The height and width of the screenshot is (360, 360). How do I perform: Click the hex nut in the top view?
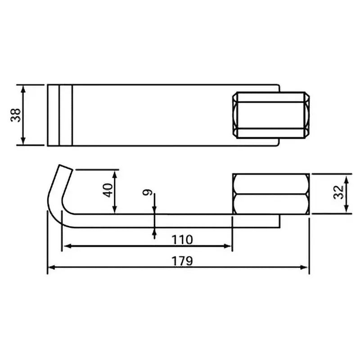click(270, 115)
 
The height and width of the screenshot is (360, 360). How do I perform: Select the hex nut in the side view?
click(270, 193)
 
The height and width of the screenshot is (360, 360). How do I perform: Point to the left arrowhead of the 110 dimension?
click(65, 246)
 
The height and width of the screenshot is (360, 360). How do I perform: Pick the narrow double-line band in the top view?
click(60, 115)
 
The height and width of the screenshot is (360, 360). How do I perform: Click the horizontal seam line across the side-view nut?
click(270, 194)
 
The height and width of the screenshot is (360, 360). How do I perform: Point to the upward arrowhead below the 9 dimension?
click(154, 232)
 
